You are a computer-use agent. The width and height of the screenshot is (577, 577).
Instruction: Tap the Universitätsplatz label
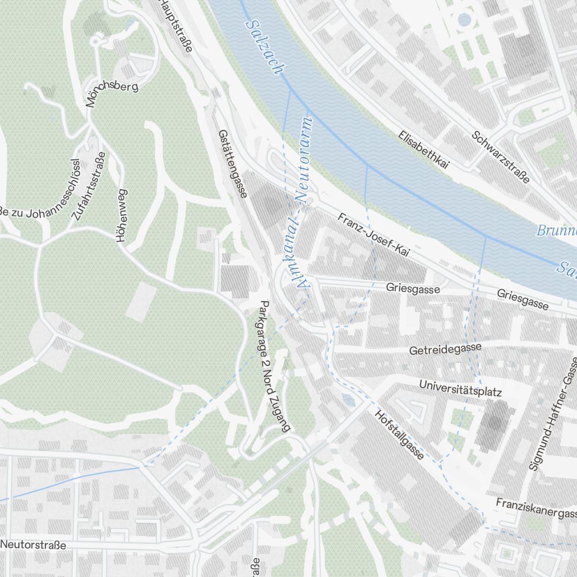pos(462,388)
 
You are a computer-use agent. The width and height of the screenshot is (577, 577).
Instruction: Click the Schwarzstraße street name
pos(500,157)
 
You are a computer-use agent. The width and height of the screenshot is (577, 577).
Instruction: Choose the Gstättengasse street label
pos(233,164)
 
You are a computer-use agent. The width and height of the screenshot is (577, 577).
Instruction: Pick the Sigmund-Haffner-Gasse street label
pos(553,413)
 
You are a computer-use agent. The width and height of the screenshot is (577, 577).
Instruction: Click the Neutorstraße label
pos(33,545)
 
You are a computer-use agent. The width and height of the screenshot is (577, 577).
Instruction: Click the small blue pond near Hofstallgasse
pos(346,399)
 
